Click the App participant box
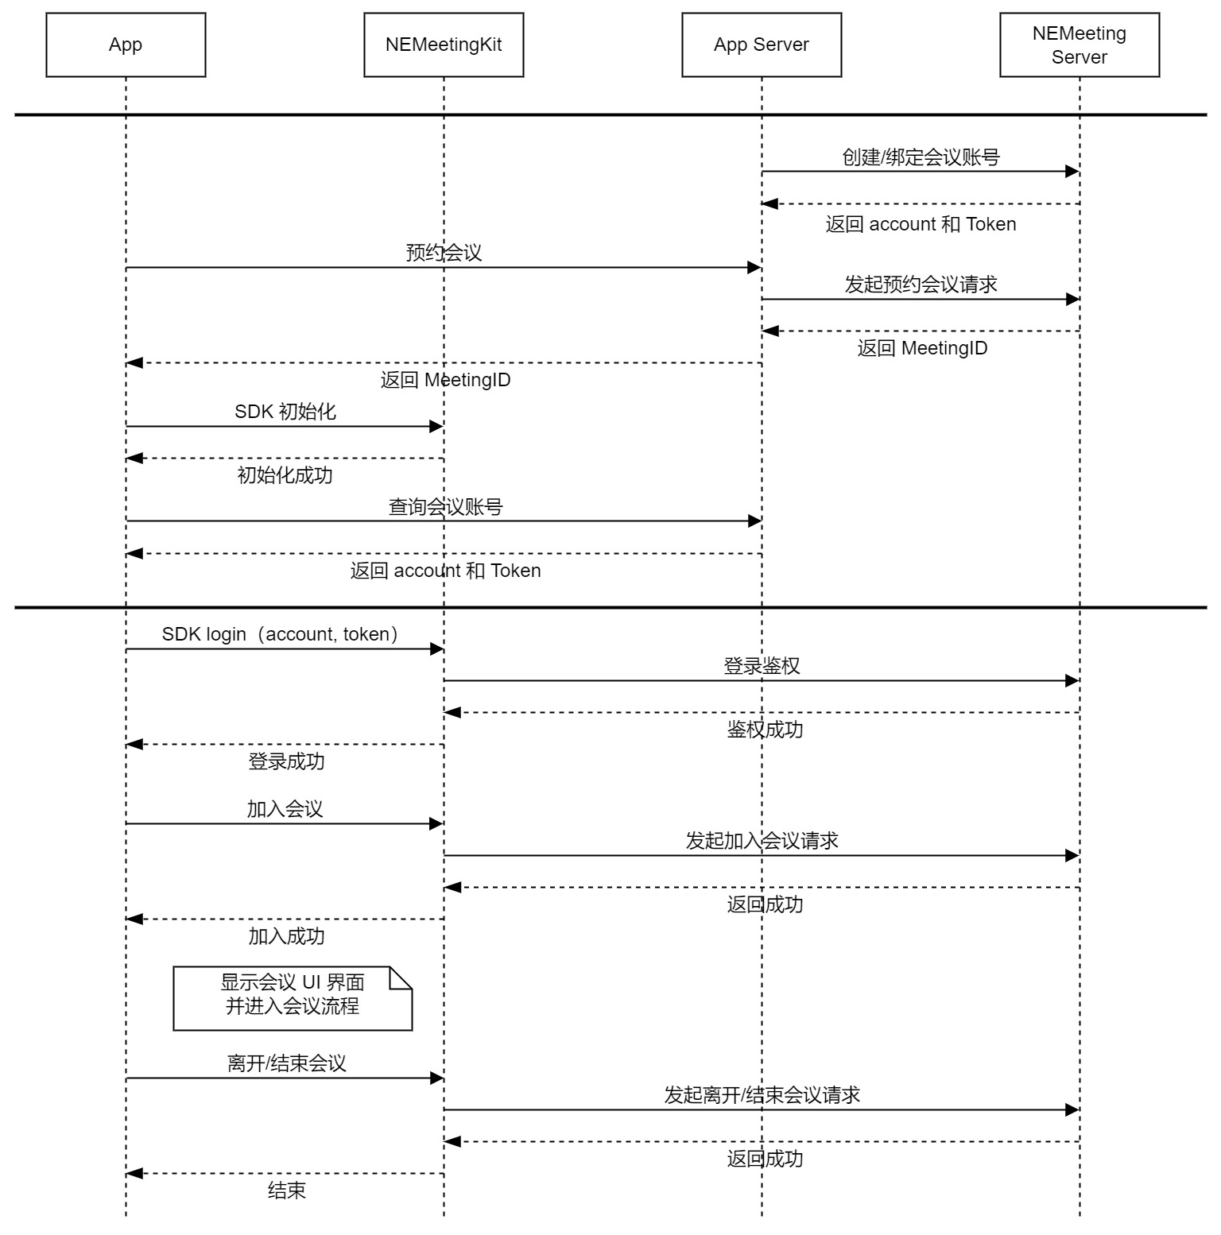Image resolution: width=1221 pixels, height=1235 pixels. (x=126, y=45)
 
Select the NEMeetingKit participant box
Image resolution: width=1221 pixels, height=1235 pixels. (x=444, y=45)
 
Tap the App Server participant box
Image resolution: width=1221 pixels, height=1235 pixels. (x=762, y=45)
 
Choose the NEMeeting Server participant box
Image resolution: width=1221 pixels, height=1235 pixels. (x=1080, y=45)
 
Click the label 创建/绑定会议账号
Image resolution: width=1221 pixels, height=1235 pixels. (x=921, y=157)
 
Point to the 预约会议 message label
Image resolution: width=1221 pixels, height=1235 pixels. (x=444, y=253)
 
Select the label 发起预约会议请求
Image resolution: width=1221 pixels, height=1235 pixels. (x=921, y=285)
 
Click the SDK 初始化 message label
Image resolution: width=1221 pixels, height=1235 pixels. (x=285, y=412)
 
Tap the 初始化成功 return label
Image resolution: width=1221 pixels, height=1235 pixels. (x=285, y=475)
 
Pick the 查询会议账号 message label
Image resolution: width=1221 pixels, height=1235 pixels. (x=445, y=507)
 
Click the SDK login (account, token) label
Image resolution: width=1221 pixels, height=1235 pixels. (x=280, y=634)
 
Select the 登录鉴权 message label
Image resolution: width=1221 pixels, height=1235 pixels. (x=762, y=666)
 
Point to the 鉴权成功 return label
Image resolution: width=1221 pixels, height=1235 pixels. (x=765, y=730)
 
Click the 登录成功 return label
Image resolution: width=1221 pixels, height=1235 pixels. (x=286, y=761)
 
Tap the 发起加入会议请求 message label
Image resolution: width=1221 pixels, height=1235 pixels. (x=762, y=841)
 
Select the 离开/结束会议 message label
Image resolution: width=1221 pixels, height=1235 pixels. (x=286, y=1063)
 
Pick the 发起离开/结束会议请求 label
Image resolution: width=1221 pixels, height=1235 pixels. (x=762, y=1095)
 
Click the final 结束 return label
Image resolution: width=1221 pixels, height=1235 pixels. (x=286, y=1190)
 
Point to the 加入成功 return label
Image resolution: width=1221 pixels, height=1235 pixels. (x=286, y=936)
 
